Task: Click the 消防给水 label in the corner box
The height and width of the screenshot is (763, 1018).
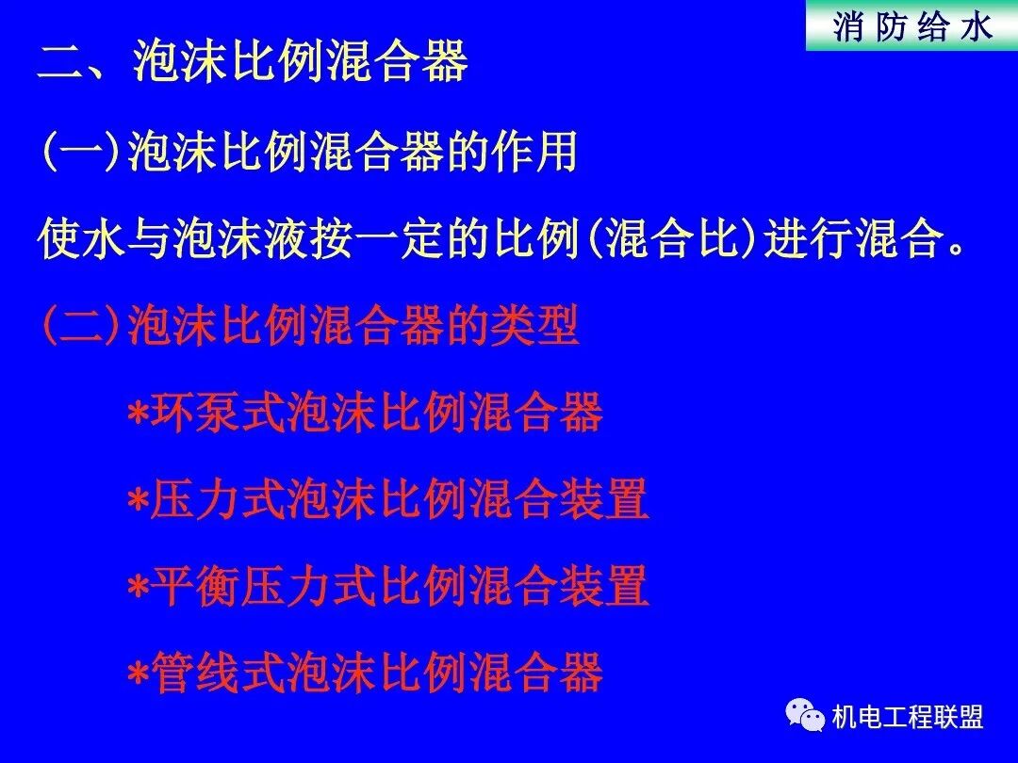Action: tap(912, 27)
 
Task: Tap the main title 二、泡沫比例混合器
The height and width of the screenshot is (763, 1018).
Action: tap(253, 63)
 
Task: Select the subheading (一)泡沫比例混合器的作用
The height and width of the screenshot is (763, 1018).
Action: tap(308, 153)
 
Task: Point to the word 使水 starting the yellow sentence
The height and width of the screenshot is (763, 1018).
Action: tap(82, 240)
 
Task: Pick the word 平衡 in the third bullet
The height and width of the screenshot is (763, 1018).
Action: tap(196, 587)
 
